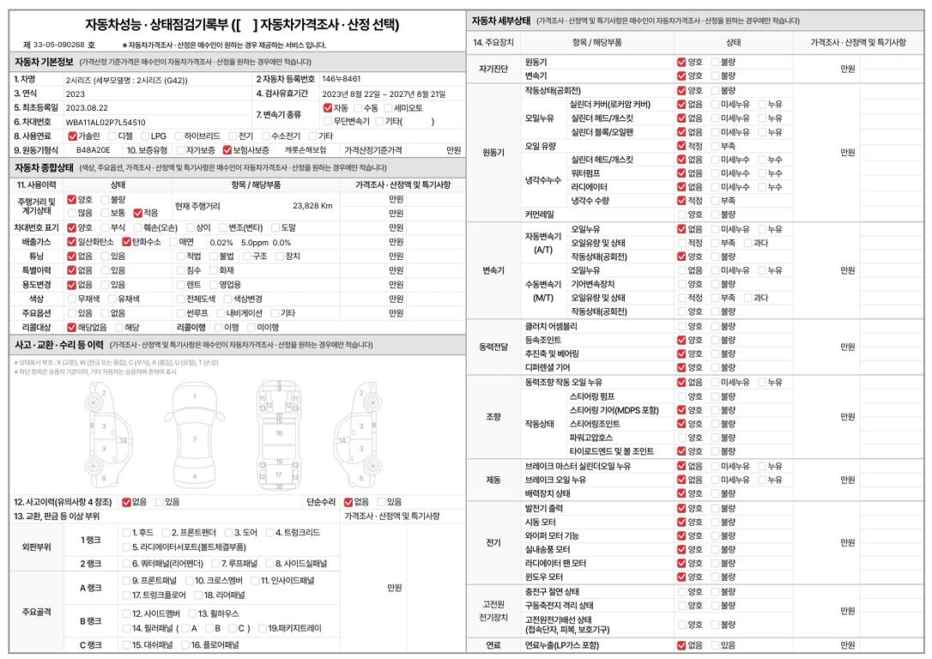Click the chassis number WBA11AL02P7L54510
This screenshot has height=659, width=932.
pos(106,122)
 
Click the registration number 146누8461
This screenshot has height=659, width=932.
pos(342,79)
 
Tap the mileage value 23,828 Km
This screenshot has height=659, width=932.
pos(312,206)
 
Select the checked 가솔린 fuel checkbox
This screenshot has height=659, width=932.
pos(71,136)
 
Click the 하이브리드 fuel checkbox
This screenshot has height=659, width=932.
pos(178,136)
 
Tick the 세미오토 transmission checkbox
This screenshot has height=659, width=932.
pos(387,108)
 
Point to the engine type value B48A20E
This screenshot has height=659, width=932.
pos(93,150)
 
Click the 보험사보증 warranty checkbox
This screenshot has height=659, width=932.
pos(227,150)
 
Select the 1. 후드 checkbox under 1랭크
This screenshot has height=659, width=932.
pos(126,533)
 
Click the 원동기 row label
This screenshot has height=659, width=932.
pos(493,152)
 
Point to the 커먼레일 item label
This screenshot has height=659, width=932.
pos(539,214)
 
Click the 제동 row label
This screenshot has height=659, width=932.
pos(493,480)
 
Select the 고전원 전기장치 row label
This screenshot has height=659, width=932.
pos(493,610)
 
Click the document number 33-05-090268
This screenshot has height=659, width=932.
pos(60,45)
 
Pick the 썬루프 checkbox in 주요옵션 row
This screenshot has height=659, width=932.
pos(179,313)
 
